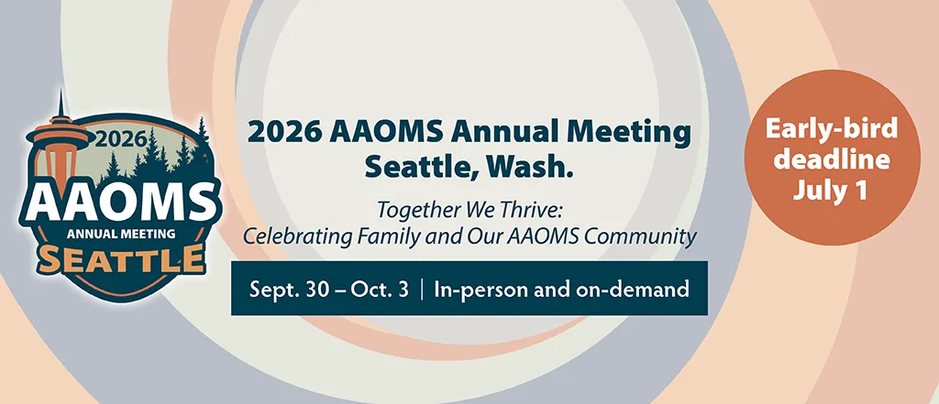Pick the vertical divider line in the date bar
click(x=422, y=289)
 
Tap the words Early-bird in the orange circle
click(x=833, y=128)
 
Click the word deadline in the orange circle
click(x=833, y=159)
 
